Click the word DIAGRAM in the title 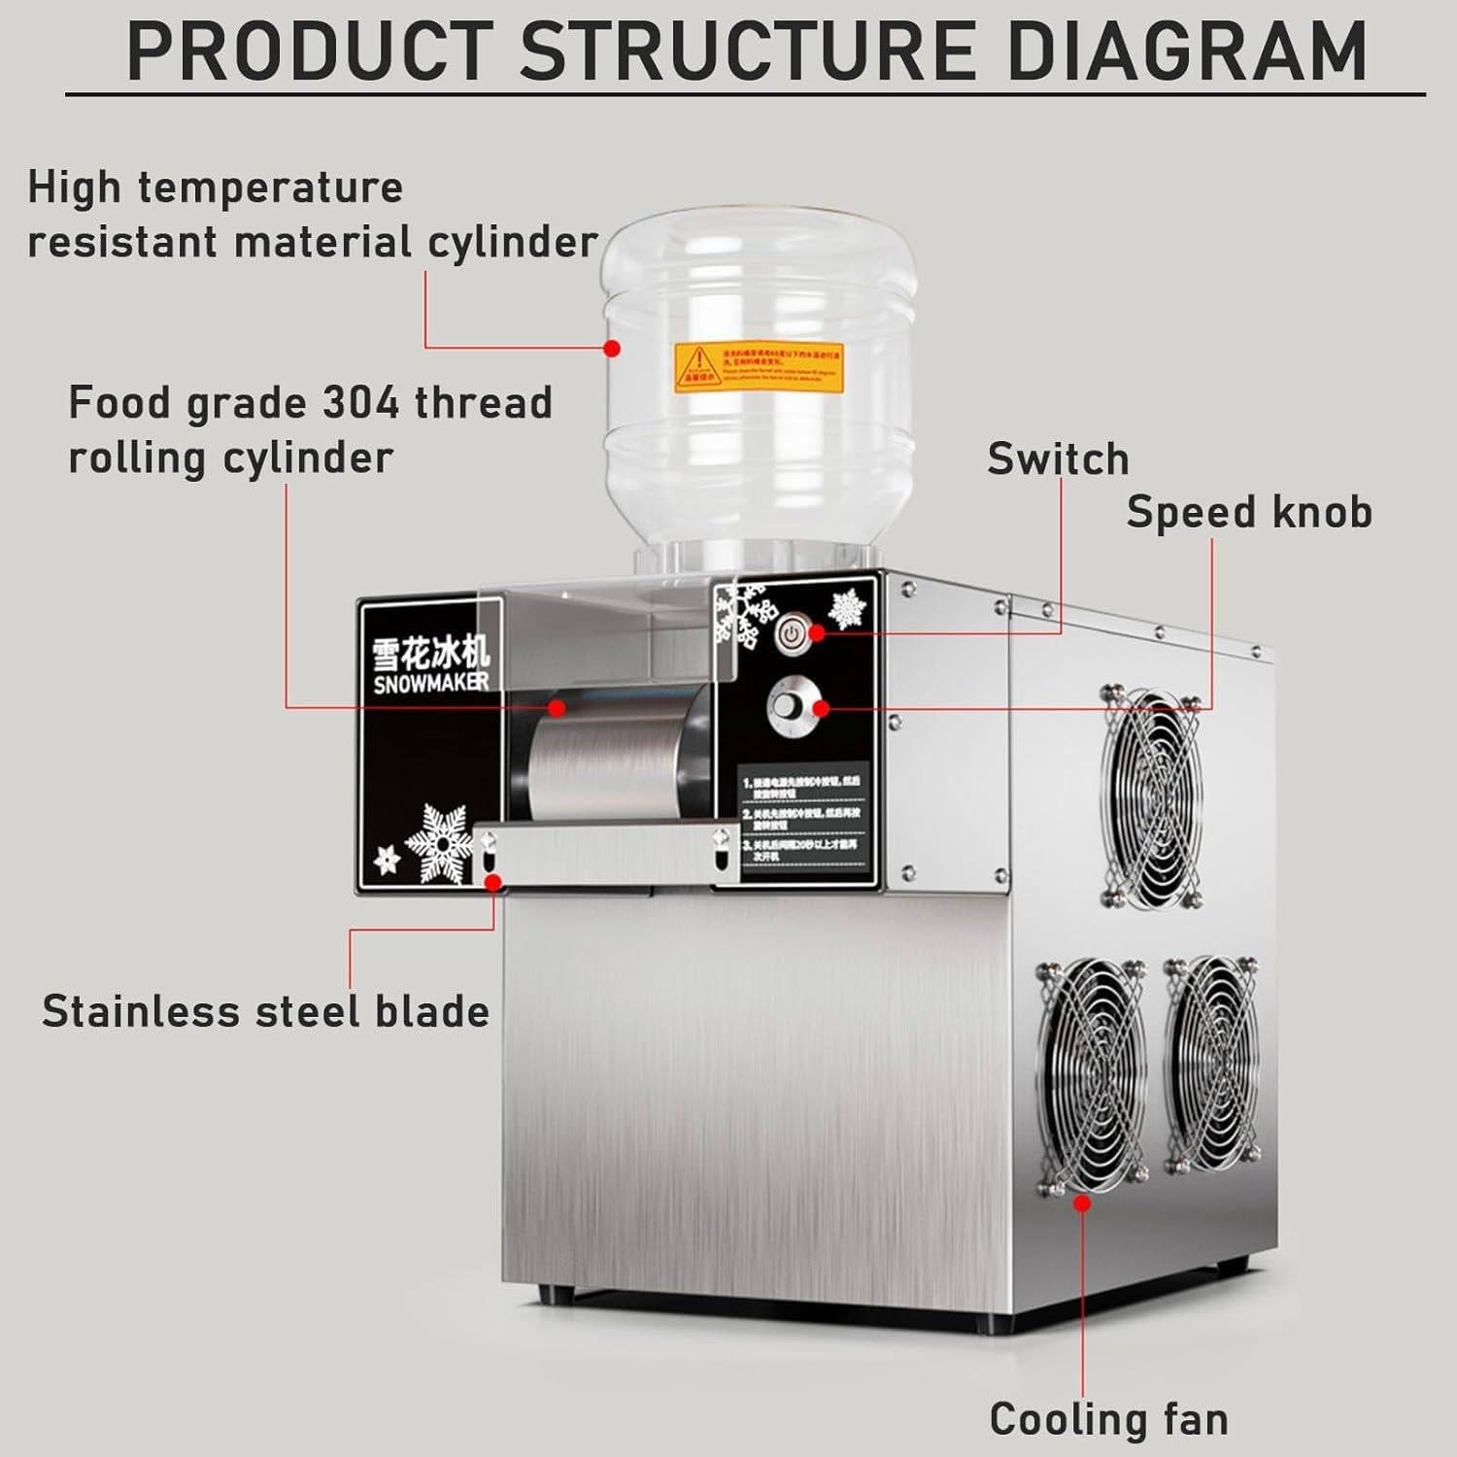(1187, 51)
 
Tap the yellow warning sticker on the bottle (758, 368)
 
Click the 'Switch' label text (1058, 459)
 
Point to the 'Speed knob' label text (1248, 512)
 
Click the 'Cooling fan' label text (1108, 1419)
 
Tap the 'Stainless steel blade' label (265, 1011)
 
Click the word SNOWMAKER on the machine (430, 683)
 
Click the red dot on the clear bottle (612, 347)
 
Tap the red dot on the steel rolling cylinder (557, 707)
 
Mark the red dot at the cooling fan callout (1082, 1203)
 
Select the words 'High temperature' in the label (215, 187)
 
